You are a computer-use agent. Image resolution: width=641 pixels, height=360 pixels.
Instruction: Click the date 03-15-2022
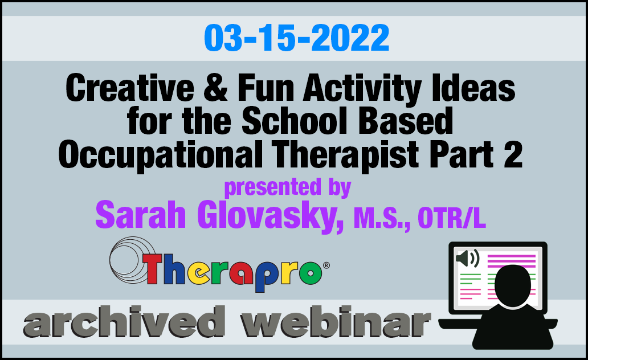(x=296, y=38)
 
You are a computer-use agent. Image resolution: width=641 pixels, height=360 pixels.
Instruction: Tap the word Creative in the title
(x=129, y=88)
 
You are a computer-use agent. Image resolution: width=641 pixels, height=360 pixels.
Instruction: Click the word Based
(x=406, y=121)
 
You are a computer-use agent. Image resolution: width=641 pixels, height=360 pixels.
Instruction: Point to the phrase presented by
(x=288, y=187)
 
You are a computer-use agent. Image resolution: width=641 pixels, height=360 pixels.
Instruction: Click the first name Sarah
(x=141, y=215)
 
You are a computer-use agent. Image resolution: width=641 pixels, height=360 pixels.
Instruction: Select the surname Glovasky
(x=270, y=216)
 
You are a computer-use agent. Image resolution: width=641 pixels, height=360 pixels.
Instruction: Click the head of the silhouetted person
(x=513, y=285)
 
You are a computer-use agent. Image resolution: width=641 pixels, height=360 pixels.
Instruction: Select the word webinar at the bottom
(x=336, y=322)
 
